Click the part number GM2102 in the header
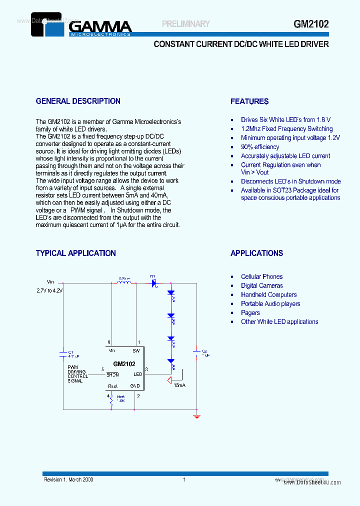pos(311,24)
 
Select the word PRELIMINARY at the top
pos(186,24)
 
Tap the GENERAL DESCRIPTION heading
pos(78,101)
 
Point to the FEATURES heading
pos(249,101)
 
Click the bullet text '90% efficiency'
pos(260,147)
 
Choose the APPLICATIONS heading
pos(256,253)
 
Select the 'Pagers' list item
pos(250,313)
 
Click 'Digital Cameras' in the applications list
pos(261,286)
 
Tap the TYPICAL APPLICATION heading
pos(75,253)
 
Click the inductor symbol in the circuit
pos(123,283)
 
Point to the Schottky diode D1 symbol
pos(154,283)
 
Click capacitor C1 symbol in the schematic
pos(63,354)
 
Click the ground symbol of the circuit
pos(196,415)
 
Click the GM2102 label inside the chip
pos(124,364)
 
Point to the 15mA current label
pos(179,386)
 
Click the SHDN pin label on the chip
pos(112,374)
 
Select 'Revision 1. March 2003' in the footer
pos(68,480)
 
